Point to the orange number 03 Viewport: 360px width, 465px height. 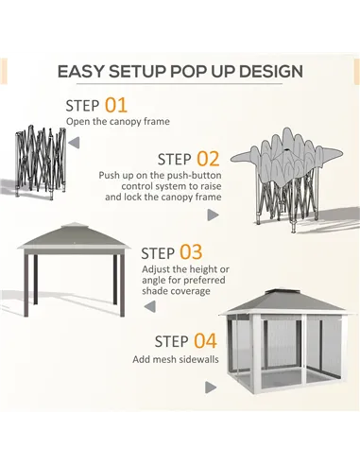tap(191, 252)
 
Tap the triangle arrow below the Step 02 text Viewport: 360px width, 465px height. tap(213, 215)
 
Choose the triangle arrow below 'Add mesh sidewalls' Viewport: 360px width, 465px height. tap(211, 387)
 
